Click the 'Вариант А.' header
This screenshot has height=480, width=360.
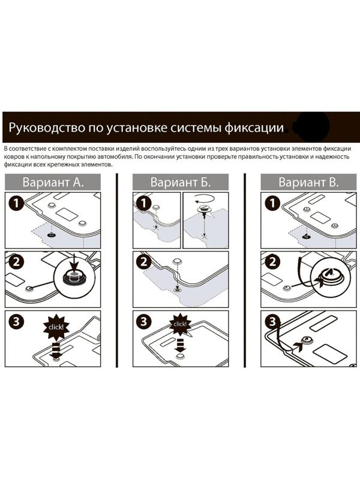[53, 182]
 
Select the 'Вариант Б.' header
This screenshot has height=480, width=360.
[180, 182]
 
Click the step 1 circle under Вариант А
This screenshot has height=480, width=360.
[16, 204]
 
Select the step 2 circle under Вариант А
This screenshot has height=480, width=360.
[16, 262]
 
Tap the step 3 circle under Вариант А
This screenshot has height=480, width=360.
[16, 322]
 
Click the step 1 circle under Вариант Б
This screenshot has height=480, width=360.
[144, 204]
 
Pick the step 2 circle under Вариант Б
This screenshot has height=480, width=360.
[144, 262]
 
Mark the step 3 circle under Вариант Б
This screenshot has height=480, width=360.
[144, 322]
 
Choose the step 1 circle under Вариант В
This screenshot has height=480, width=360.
[272, 204]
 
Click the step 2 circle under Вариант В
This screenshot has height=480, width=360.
[272, 262]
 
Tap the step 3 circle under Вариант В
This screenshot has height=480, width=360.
[272, 322]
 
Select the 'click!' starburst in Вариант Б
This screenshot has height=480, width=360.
[180, 324]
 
